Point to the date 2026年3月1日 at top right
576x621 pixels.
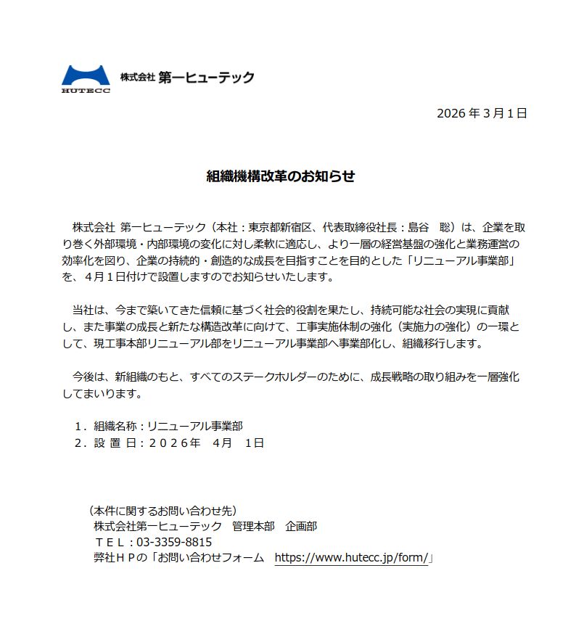tap(481, 113)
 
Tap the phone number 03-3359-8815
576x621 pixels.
tap(173, 542)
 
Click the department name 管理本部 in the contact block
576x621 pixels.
tap(253, 526)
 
